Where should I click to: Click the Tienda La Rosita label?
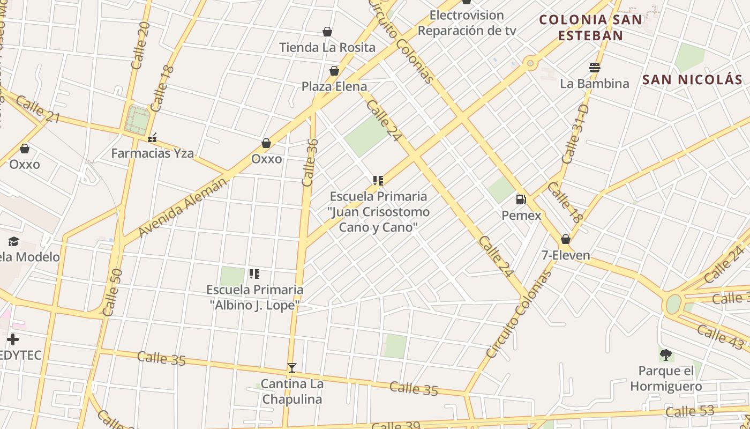(x=327, y=47)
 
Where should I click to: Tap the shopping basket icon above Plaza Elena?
(x=334, y=71)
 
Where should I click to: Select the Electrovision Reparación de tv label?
(x=467, y=23)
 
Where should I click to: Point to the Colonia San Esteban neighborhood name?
(x=590, y=27)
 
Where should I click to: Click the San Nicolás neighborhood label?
(x=692, y=80)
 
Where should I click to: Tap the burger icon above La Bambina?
(x=594, y=68)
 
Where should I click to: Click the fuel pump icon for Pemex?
(x=521, y=199)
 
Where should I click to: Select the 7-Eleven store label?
(x=566, y=255)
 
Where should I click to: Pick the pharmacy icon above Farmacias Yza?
(x=152, y=138)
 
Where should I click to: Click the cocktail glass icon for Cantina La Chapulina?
(x=291, y=368)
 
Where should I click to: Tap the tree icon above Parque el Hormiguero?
(x=666, y=354)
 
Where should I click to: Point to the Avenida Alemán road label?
(x=183, y=208)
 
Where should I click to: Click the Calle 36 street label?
(x=310, y=162)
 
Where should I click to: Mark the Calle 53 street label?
(x=690, y=411)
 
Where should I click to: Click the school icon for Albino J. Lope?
(x=254, y=274)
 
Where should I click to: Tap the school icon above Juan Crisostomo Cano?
(x=378, y=181)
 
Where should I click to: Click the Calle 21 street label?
(x=37, y=109)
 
